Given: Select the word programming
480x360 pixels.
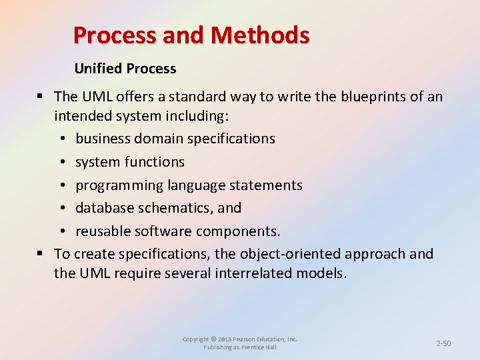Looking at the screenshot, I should point(118,185).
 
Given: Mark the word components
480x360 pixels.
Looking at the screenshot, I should point(241,231).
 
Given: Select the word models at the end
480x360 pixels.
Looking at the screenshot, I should point(326,274).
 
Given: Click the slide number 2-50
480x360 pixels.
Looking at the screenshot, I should point(443,343).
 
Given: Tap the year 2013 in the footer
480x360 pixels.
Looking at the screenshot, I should point(225,339).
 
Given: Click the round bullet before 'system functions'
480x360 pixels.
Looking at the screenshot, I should point(61,162).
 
